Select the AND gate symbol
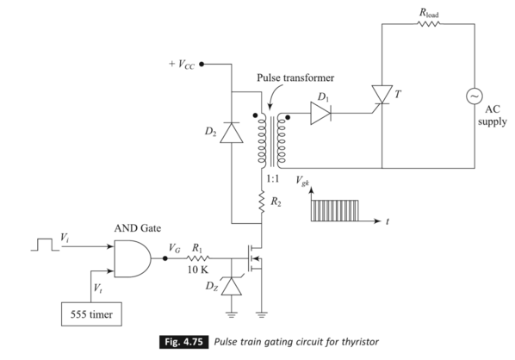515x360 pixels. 130,256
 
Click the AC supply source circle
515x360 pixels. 474,97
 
